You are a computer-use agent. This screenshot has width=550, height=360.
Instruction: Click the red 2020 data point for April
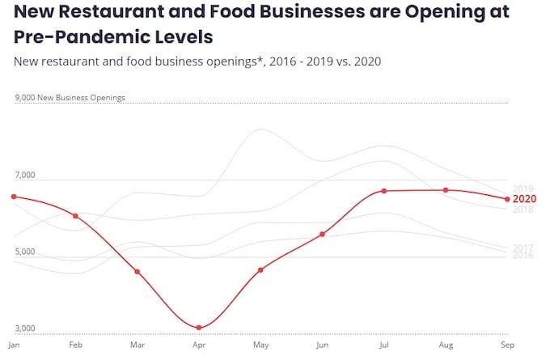(x=198, y=328)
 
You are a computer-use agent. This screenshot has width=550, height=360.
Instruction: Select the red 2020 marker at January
(x=14, y=197)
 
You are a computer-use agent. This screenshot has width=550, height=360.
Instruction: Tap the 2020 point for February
(x=75, y=216)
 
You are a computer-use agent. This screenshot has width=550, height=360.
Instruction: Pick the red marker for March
(x=137, y=271)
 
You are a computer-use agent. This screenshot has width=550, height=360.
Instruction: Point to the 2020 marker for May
(x=260, y=269)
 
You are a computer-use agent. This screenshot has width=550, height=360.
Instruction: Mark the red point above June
(x=322, y=234)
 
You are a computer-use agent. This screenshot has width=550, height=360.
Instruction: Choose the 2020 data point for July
(x=384, y=191)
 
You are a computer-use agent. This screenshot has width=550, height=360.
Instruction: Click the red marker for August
(x=446, y=190)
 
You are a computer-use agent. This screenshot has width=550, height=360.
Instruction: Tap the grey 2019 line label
(x=522, y=189)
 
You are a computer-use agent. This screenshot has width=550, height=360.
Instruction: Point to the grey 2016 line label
(x=522, y=256)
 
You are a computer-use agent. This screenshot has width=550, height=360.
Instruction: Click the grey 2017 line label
(x=522, y=248)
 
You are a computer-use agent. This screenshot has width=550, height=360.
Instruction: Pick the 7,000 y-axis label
(x=25, y=175)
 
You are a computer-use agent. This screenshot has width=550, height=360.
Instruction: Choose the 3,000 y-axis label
(x=25, y=328)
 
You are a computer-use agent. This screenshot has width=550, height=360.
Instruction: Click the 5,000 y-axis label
(x=25, y=252)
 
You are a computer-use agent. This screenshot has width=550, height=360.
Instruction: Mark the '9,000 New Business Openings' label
(x=70, y=98)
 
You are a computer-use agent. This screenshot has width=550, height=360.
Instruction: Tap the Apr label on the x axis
(x=198, y=345)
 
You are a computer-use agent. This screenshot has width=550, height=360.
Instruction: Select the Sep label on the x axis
(x=506, y=345)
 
